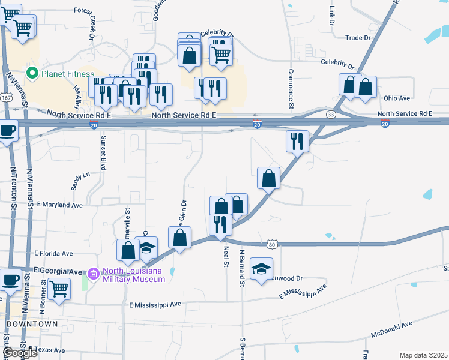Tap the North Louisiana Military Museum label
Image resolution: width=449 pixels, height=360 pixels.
click(133, 275)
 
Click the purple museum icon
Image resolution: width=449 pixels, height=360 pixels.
click(93, 274)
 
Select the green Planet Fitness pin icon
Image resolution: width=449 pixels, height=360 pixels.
click(32, 74)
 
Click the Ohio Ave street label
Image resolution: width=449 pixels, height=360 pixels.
click(397, 98)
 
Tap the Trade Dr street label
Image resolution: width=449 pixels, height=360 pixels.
click(358, 38)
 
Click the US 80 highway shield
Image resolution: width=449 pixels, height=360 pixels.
click(272, 244)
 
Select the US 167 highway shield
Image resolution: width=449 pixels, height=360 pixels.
click(7, 97)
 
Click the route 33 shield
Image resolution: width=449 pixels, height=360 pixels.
click(331, 115)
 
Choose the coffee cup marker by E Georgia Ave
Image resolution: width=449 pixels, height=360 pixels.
click(10, 280)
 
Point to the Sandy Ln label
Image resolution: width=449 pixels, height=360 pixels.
click(79, 180)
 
